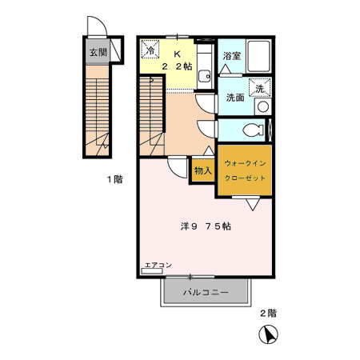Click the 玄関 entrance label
pyautogui.click(x=97, y=53)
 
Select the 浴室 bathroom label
pyautogui.click(x=231, y=57)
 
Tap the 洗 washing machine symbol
pyautogui.click(x=259, y=90)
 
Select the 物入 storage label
pyautogui.click(x=202, y=170)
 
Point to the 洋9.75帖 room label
pyautogui.click(x=206, y=226)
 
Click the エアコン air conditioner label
pyautogui.click(x=158, y=265)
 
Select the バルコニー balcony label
pyautogui.click(x=206, y=293)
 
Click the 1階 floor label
pyautogui.click(x=113, y=179)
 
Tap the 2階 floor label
pyautogui.click(x=267, y=312)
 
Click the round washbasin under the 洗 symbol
pyautogui.click(x=262, y=107)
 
